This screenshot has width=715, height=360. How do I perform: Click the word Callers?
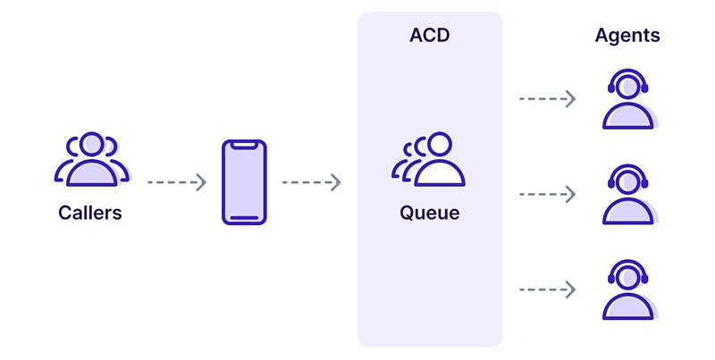[90, 213]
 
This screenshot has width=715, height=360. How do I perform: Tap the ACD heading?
[430, 35]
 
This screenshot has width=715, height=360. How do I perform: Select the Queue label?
[430, 213]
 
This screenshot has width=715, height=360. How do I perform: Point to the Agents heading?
[627, 35]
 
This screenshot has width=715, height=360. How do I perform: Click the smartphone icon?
[244, 182]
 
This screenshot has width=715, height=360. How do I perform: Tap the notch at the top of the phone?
[244, 145]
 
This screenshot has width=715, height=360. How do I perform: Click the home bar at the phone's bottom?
[244, 218]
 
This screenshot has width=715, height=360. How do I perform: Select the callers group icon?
[92, 159]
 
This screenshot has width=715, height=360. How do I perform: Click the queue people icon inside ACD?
[428, 159]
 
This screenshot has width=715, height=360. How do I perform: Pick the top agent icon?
[628, 99]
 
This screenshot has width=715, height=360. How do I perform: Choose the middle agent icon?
[628, 194]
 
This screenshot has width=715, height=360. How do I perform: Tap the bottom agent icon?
[628, 289]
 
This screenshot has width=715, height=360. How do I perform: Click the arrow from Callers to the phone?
[177, 182]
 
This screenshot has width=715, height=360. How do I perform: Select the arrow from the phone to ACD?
[311, 182]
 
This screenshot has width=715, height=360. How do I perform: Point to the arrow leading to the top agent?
[547, 99]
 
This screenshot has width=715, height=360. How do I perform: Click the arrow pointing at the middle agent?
[547, 194]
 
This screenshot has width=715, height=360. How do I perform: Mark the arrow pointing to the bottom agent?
[547, 289]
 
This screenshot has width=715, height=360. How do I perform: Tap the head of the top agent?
[628, 87]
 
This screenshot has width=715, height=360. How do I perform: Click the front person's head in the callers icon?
[92, 145]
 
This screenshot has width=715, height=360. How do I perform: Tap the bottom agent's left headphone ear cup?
[611, 279]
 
